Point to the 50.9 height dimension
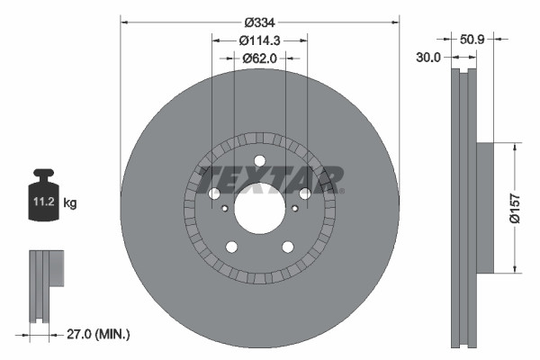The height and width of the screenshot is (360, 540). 472,40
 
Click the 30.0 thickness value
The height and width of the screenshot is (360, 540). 428,57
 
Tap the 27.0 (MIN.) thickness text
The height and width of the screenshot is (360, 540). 99,334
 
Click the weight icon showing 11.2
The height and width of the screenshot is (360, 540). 43,197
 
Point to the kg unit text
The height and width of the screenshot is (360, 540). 70,204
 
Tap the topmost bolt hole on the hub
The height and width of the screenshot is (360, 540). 260,162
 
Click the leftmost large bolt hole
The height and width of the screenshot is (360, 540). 214,194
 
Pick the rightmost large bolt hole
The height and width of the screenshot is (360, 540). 305,194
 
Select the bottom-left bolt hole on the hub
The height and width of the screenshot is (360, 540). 231,247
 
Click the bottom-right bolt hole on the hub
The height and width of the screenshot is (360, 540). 288,247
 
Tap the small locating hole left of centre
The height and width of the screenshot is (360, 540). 224,208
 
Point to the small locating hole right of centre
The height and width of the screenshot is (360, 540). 295,208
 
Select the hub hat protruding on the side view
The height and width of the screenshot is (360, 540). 483,207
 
